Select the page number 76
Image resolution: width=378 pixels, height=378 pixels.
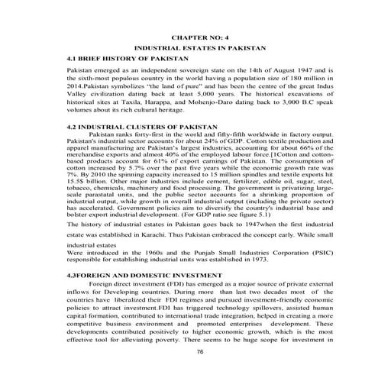(x=200, y=352)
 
